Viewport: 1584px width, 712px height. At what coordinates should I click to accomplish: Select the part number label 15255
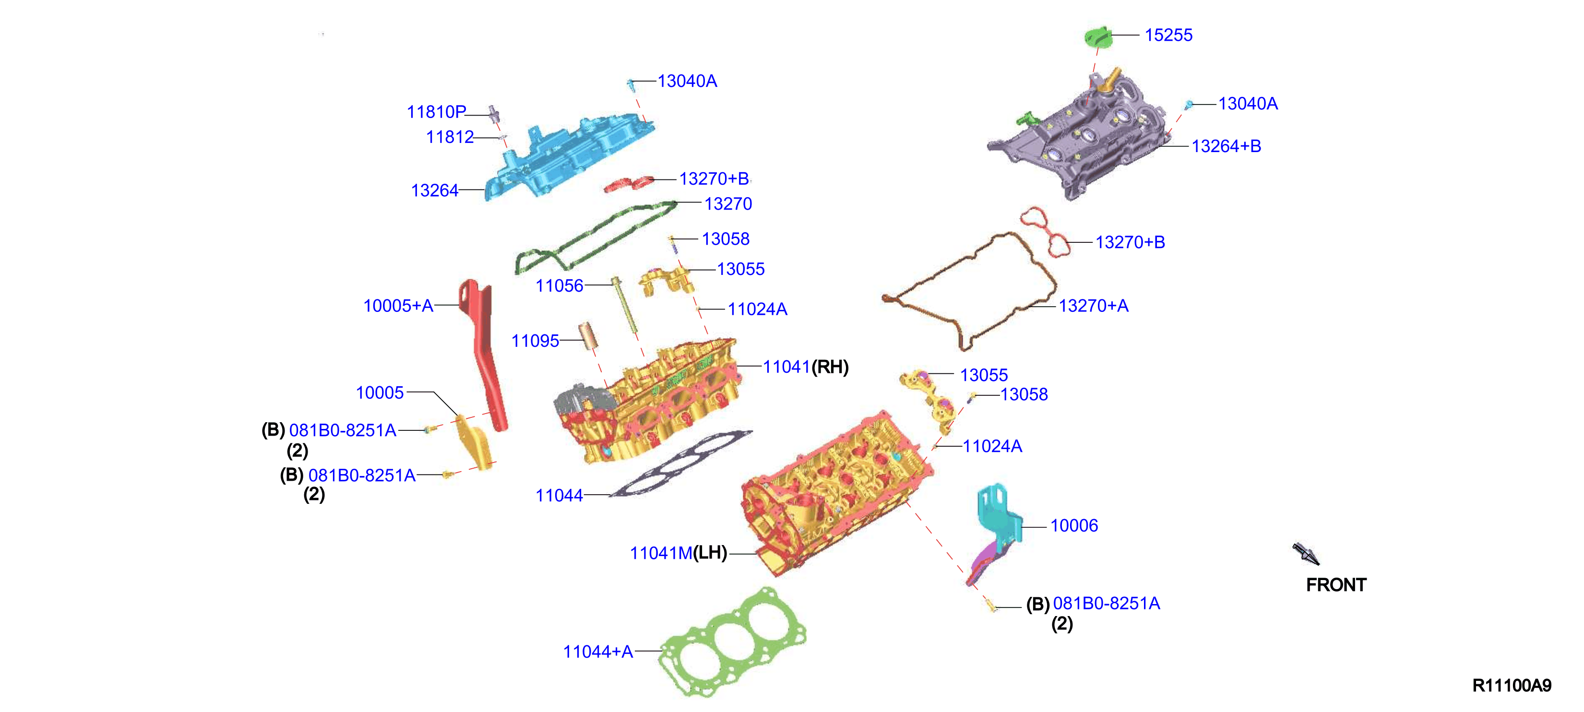tap(1168, 35)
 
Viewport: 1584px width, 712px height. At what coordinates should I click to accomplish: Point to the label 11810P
tap(436, 112)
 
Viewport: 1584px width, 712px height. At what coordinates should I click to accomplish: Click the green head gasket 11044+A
tap(732, 642)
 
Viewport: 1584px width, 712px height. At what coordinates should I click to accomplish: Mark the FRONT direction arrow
tap(1306, 553)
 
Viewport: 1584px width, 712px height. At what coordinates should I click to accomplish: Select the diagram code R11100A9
tap(1512, 686)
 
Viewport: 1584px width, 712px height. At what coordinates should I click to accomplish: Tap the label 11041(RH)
tap(806, 367)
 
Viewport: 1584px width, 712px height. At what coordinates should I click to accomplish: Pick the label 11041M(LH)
tap(678, 553)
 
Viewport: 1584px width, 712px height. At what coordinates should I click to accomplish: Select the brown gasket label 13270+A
tap(1093, 306)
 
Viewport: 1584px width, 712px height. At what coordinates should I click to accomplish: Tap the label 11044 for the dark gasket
tap(559, 495)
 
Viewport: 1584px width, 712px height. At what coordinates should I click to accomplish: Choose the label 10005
tap(380, 392)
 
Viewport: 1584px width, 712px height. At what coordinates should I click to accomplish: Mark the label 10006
tap(1073, 526)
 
